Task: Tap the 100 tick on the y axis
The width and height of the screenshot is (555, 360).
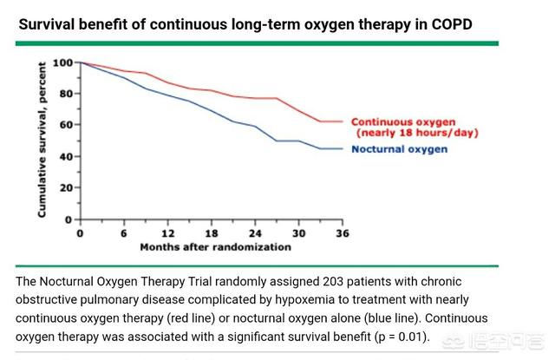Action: click(x=63, y=62)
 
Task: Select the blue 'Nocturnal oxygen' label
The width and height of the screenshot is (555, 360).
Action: click(x=399, y=149)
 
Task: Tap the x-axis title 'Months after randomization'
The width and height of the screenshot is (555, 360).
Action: click(x=216, y=247)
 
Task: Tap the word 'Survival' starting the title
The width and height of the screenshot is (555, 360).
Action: click(x=49, y=22)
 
